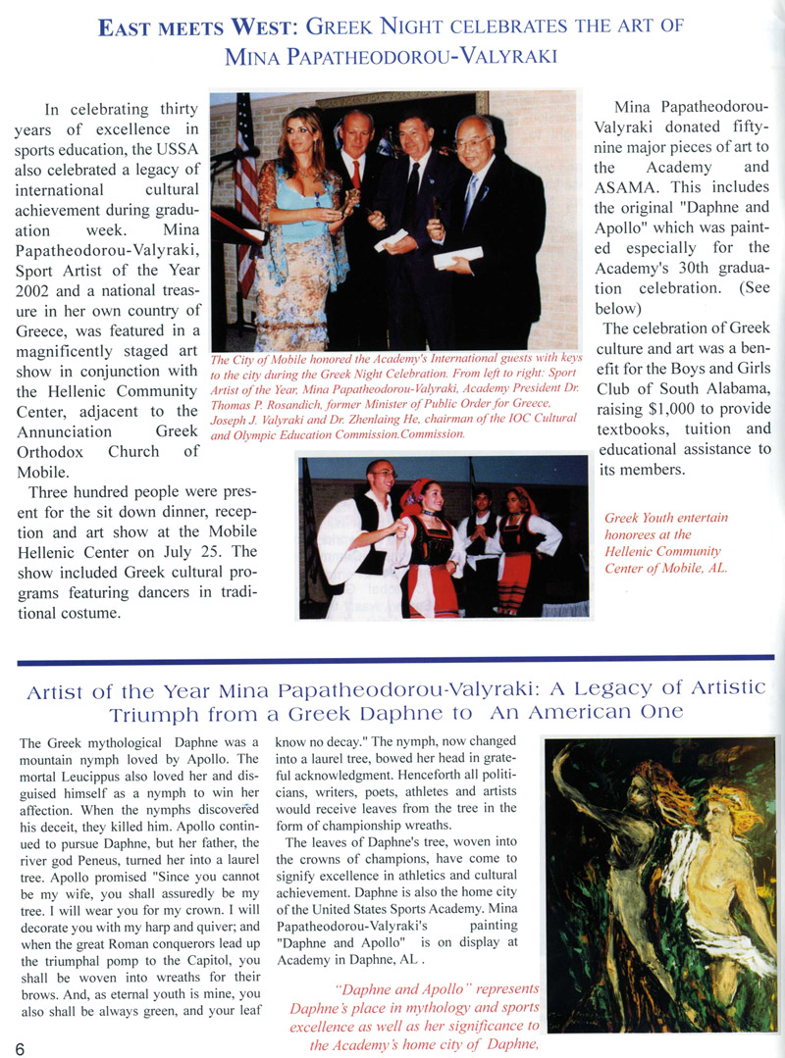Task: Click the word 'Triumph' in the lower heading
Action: (x=163, y=714)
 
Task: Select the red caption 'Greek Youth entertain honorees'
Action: (x=666, y=525)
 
